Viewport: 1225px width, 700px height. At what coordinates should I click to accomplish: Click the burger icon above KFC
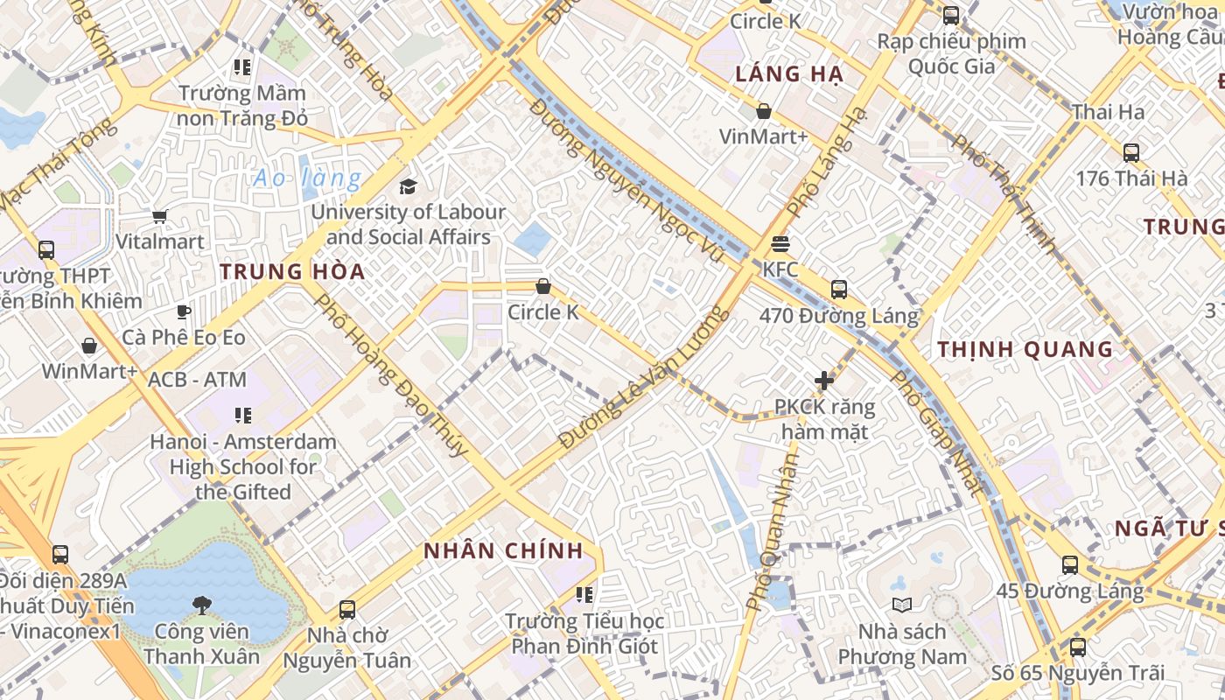coord(780,243)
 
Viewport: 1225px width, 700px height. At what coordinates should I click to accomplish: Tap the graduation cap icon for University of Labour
coord(408,186)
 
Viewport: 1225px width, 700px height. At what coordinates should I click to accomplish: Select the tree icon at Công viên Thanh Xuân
coord(202,605)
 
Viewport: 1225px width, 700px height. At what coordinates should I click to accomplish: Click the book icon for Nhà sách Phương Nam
coord(901,605)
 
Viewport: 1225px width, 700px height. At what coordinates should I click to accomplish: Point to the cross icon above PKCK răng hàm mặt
coord(823,381)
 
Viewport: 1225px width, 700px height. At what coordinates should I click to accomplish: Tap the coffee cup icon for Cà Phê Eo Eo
coord(184,311)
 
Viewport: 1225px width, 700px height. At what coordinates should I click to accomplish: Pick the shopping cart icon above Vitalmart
coord(159,216)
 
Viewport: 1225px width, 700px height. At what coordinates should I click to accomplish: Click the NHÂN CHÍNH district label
coord(503,551)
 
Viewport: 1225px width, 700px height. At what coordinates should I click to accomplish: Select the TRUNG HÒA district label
coord(292,271)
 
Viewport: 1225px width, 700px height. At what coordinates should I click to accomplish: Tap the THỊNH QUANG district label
coord(1025,350)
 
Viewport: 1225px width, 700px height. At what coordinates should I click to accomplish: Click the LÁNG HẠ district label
coord(789,74)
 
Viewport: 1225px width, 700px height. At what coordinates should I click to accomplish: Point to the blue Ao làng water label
coord(307,179)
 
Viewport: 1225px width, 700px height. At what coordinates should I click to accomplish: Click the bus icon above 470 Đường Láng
coord(839,289)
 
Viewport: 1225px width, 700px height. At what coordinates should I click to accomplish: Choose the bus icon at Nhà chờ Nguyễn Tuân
coord(347,610)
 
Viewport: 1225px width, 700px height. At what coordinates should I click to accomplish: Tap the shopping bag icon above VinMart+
coord(764,111)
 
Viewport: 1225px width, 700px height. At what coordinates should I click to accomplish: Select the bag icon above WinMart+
coord(89,346)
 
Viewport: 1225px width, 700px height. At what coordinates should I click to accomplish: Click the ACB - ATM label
coord(198,380)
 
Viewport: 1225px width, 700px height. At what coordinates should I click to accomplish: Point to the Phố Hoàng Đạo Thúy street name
coord(391,374)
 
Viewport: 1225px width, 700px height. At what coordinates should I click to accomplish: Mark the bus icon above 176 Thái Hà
coord(1131,152)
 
